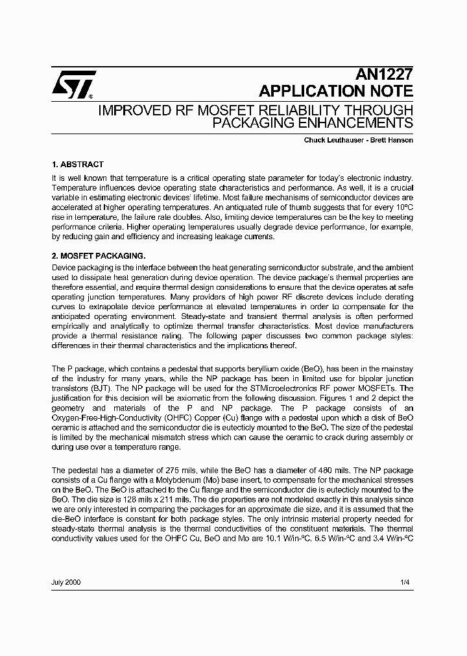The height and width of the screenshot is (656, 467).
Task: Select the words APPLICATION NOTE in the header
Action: tap(335, 91)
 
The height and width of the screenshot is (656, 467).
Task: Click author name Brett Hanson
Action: tap(392, 140)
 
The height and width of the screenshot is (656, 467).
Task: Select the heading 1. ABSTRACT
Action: tap(77, 165)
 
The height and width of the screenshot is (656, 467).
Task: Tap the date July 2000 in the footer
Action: tap(66, 583)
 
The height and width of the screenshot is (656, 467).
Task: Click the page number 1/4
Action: tap(405, 583)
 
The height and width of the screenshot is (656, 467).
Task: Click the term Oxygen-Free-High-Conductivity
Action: tap(106, 418)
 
